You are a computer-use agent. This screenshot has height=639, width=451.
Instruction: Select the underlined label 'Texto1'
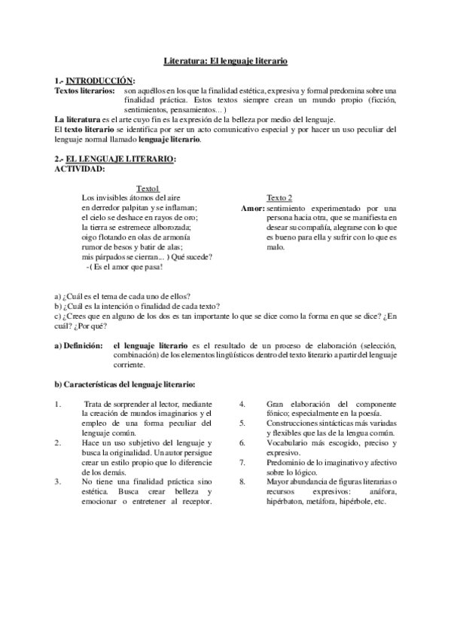click(x=148, y=188)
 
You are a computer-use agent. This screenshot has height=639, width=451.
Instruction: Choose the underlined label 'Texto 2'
click(x=279, y=197)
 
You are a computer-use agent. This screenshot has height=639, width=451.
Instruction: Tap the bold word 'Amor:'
click(x=252, y=207)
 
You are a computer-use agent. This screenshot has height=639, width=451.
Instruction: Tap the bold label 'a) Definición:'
click(x=78, y=344)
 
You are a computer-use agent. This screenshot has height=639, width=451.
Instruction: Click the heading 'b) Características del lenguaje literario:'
click(x=126, y=384)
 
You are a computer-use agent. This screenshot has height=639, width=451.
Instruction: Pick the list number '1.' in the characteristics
click(x=59, y=404)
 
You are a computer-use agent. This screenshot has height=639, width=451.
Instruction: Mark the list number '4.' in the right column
click(x=242, y=404)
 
